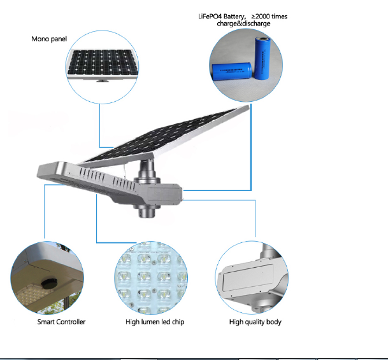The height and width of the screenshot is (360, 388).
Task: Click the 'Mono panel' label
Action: point(49,39)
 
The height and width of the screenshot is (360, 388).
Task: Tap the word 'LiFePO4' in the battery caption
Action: point(210,17)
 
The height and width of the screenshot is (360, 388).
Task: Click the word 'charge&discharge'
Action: point(243,24)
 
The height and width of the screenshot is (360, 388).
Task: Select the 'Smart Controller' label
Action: point(61,322)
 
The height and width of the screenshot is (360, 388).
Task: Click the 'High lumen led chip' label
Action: point(155,322)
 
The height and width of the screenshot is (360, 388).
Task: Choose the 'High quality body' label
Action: point(255,322)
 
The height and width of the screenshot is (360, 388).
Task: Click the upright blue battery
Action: point(262,59)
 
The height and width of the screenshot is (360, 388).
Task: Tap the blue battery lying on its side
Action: point(232,72)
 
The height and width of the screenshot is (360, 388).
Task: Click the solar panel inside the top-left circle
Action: point(103,62)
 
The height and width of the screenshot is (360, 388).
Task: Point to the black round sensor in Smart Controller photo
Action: point(49,282)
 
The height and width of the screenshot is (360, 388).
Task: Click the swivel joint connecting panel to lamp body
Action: point(147,171)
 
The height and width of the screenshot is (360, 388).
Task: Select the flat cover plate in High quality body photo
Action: point(248,277)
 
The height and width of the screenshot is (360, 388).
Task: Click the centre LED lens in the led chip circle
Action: point(144,276)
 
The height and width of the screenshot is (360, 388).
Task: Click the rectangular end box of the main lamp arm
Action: point(164,194)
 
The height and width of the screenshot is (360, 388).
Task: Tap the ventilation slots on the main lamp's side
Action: point(107,179)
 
